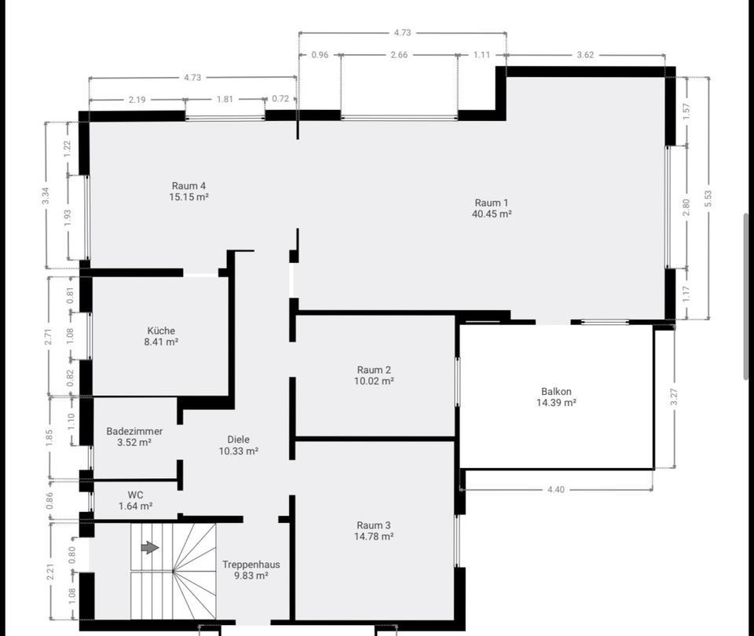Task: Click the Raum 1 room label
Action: (x=492, y=203)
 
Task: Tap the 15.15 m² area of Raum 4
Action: (x=188, y=197)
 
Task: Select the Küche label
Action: (x=161, y=331)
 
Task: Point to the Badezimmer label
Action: (x=134, y=431)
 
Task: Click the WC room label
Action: (x=135, y=495)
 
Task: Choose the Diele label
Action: (x=238, y=440)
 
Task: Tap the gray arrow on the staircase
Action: (x=149, y=547)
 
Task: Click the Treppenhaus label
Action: (x=251, y=565)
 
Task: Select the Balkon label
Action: (x=556, y=391)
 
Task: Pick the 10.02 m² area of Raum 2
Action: (x=374, y=381)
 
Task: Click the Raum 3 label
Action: (x=374, y=525)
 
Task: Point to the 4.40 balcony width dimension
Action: (x=555, y=490)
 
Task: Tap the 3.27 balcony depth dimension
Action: (x=673, y=397)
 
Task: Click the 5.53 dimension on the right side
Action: (x=708, y=199)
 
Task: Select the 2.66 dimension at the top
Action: (x=399, y=55)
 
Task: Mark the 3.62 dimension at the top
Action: (x=584, y=55)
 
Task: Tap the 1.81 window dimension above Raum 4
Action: (x=225, y=100)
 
